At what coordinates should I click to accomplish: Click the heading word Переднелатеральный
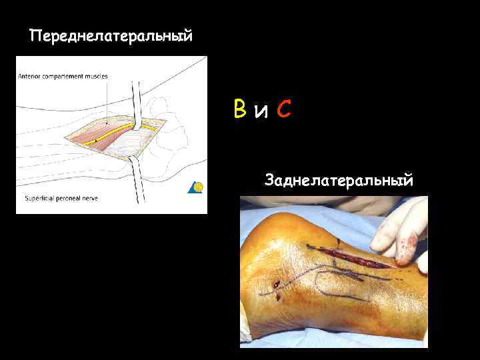click(111, 35)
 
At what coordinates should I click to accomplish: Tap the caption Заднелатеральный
click(339, 179)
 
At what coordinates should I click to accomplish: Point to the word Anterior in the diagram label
click(31, 76)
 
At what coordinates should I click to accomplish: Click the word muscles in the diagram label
click(95, 76)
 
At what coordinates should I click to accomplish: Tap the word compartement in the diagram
click(63, 76)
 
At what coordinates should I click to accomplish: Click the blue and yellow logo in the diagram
click(197, 187)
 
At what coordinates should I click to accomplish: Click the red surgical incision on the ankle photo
click(360, 257)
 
